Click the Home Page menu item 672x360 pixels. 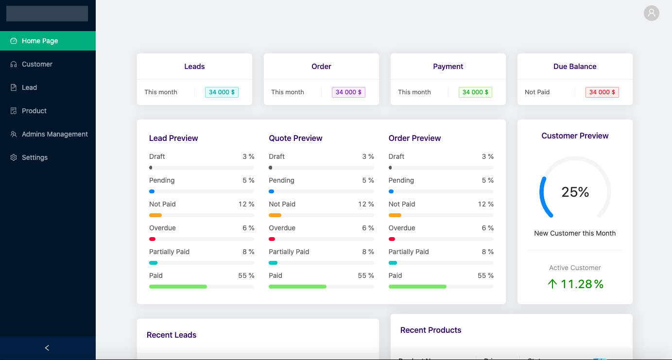(40, 41)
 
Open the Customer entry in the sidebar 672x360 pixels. (37, 64)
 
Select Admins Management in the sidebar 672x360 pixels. (54, 134)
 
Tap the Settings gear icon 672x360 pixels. (14, 157)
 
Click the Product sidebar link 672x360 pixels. (34, 111)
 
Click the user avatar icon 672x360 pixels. (651, 13)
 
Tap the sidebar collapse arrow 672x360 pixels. (47, 348)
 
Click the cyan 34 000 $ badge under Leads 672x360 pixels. (222, 92)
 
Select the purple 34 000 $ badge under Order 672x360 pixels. (348, 92)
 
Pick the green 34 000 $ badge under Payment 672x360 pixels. (475, 92)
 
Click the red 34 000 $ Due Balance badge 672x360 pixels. (602, 92)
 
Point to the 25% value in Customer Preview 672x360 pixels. (575, 192)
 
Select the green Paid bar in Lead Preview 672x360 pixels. (178, 287)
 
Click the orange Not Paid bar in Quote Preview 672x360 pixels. (275, 215)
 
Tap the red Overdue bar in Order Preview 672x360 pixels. (392, 239)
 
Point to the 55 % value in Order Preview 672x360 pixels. (485, 275)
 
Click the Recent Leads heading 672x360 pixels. (172, 335)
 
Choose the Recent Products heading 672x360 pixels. (431, 330)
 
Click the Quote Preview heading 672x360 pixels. (295, 138)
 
